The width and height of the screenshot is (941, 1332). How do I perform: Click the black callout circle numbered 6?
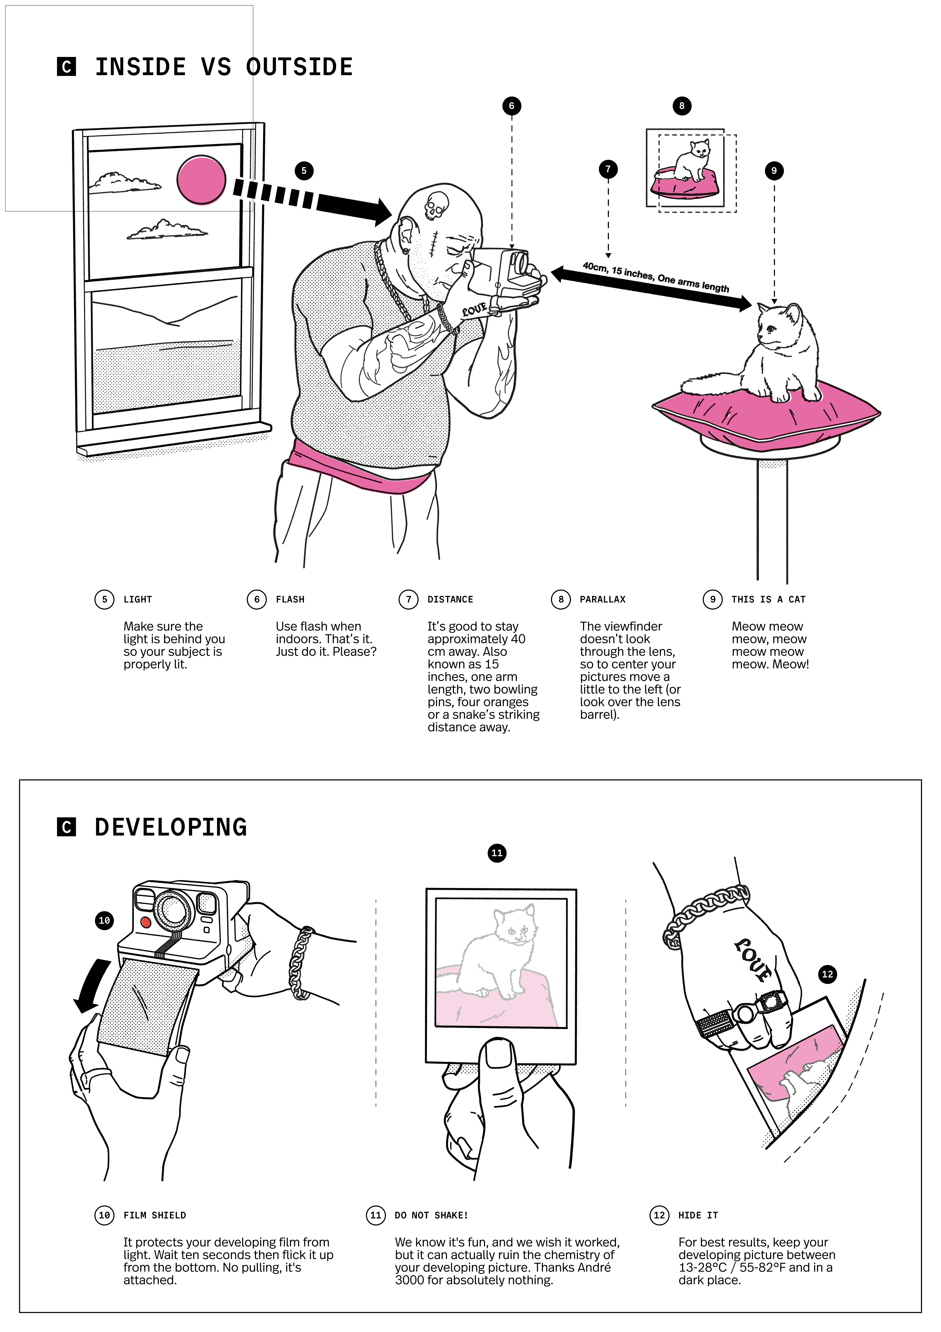pyautogui.click(x=511, y=106)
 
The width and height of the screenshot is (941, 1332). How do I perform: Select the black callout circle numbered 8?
pyautogui.click(x=682, y=106)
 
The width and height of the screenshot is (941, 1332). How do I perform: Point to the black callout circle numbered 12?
pyautogui.click(x=827, y=974)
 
